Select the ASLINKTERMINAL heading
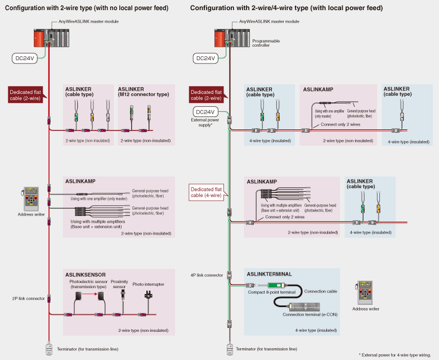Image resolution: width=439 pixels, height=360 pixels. click(x=270, y=274)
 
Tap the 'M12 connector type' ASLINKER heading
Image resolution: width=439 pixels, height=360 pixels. click(x=143, y=92)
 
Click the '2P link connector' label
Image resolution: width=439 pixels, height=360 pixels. click(x=28, y=298)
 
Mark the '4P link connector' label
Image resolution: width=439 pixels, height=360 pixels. click(x=207, y=275)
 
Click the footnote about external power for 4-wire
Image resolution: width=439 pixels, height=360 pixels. click(x=398, y=355)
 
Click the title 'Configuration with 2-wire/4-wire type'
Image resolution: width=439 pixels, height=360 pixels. click(x=286, y=8)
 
